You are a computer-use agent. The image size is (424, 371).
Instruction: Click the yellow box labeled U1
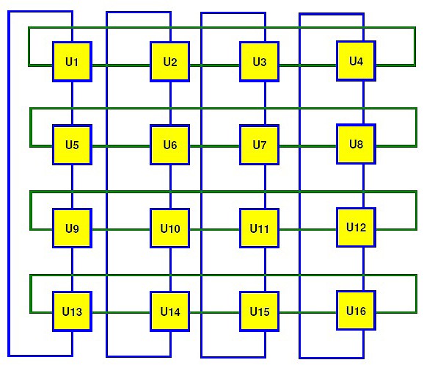tap(72, 62)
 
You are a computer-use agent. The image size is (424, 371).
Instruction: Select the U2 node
tap(169, 62)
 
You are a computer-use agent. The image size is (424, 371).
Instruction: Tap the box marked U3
tap(260, 62)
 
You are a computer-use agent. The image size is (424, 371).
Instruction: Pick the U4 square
tap(356, 61)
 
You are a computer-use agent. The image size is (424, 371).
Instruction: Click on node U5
tap(72, 145)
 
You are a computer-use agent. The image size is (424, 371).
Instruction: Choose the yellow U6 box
tap(169, 145)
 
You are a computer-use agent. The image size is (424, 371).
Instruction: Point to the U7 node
tap(260, 145)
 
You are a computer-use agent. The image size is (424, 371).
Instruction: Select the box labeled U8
tap(356, 144)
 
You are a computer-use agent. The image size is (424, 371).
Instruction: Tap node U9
tap(72, 228)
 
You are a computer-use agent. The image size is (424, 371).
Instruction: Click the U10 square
tap(169, 228)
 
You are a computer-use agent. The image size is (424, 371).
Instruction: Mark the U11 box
tap(260, 228)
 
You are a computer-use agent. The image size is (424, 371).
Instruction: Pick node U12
tap(356, 227)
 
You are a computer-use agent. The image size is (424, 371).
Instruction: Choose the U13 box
tap(72, 311)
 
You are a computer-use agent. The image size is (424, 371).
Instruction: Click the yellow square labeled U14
tap(169, 311)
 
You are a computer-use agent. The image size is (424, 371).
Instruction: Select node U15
tap(260, 311)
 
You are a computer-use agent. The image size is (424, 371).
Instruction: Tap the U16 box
tap(356, 311)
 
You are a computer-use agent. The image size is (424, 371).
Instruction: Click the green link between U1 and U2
tap(121, 65)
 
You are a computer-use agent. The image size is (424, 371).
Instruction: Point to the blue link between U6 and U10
tap(170, 187)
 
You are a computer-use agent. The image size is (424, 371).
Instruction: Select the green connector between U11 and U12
tap(307, 229)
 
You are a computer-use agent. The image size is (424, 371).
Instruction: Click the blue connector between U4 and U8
tap(363, 102)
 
